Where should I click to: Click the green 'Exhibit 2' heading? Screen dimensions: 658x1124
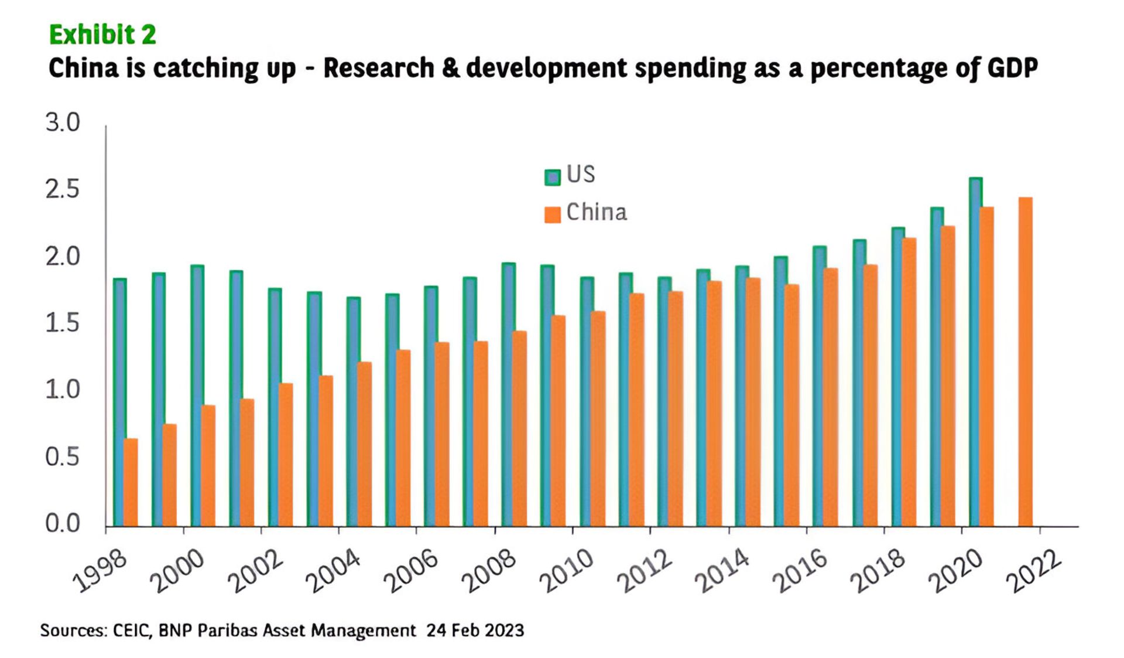102,35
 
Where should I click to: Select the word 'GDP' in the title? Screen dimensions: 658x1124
1012,69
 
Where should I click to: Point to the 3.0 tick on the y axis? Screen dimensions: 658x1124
63,123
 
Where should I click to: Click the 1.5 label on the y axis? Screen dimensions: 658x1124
63,323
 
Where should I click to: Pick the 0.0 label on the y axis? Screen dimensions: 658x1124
63,523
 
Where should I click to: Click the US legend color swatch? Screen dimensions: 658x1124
552,177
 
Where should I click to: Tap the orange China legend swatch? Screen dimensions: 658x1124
552,214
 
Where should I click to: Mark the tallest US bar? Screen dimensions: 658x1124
975,352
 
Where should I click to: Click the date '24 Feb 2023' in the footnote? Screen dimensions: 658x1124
475,631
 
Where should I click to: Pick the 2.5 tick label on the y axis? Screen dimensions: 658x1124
63,190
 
